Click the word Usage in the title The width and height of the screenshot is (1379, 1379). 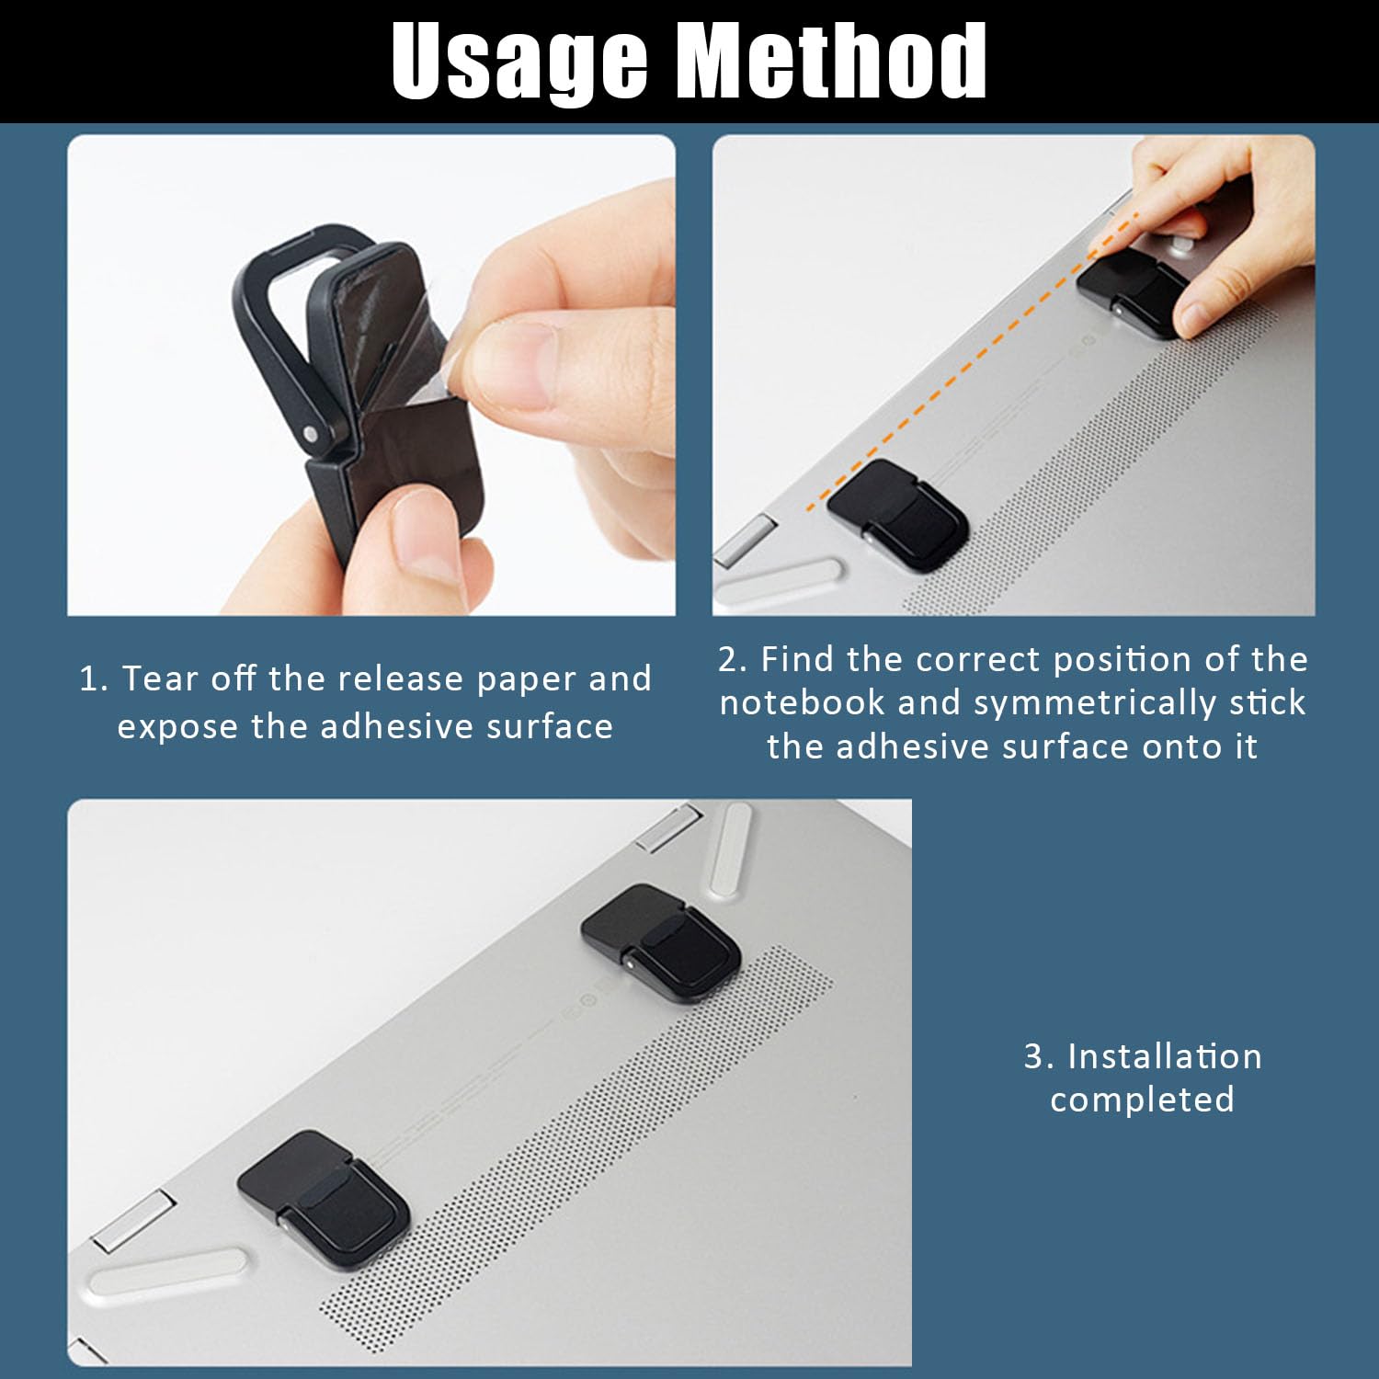coord(519,61)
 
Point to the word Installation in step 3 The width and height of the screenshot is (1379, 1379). coord(1165,1056)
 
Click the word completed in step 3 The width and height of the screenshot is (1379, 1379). coord(1142,1100)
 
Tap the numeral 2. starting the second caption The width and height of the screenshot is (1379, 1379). coord(734,660)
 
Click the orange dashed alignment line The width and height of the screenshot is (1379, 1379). coord(972,362)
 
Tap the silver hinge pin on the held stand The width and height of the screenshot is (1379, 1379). coord(311,432)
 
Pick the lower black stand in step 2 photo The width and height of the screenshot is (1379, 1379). coord(897,507)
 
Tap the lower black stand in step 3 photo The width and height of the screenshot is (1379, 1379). coord(323,1198)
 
